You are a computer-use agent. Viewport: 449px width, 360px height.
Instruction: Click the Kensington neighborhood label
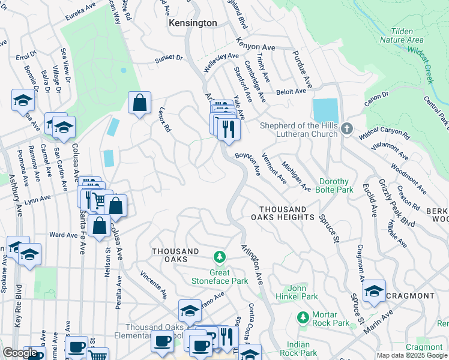pos(193,22)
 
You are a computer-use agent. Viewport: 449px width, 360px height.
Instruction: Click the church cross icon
pos(346,129)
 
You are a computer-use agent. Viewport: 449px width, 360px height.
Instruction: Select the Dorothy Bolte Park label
pos(335,185)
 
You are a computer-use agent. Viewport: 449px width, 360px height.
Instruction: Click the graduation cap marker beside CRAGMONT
pos(374,292)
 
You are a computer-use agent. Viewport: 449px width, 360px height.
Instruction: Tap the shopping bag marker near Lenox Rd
pos(139,103)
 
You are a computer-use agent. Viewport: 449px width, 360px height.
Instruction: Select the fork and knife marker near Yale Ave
pos(228,128)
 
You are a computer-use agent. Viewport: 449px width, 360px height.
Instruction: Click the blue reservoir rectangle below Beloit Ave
pos(325,110)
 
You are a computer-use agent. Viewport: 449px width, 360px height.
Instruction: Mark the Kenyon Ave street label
pos(255,47)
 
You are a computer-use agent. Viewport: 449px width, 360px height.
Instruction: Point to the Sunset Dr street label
pos(169,58)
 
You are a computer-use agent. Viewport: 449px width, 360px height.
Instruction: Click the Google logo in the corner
pos(20,353)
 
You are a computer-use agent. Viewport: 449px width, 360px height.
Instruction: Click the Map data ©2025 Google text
pos(412,355)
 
